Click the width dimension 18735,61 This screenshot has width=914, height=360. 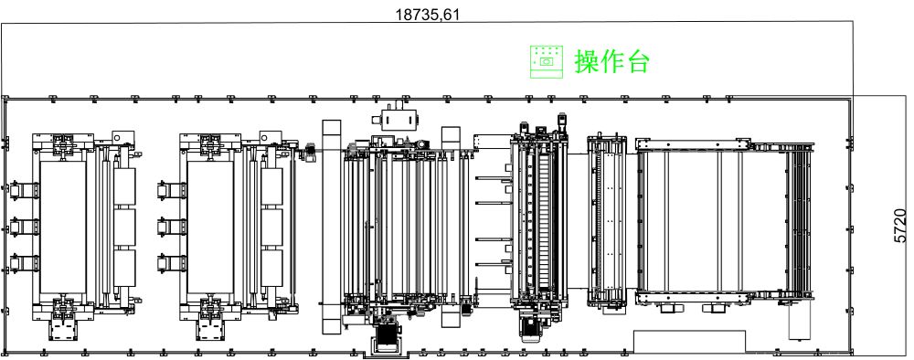pos(427,14)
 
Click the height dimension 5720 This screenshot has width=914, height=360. pos(900,226)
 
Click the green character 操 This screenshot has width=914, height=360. pos(587,61)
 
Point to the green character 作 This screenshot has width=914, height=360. pos(612,61)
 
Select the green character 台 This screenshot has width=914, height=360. pos(637,61)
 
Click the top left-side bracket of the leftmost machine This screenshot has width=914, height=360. pos(24,190)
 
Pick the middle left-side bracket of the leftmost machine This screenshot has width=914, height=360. pos(24,226)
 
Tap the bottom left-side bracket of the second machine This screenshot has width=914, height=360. pos(172,263)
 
